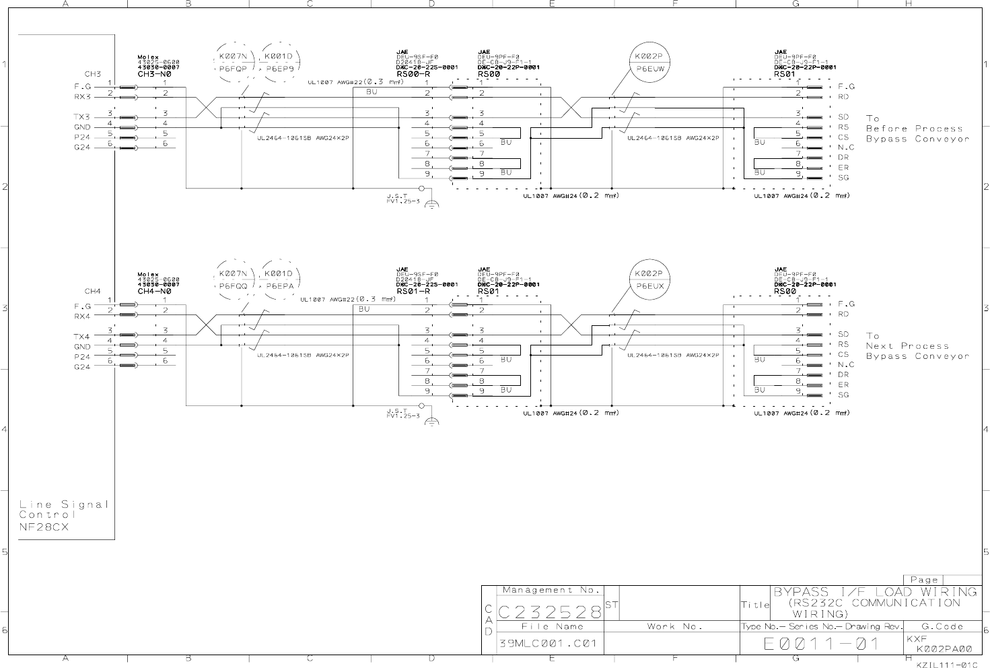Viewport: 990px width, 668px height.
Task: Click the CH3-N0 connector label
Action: (x=154, y=74)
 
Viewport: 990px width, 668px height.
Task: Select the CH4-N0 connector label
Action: (x=154, y=292)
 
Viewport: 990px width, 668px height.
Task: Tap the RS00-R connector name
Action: (x=413, y=74)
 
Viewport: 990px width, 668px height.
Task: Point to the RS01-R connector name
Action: (x=413, y=292)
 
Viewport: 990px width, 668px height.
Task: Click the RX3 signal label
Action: (x=82, y=97)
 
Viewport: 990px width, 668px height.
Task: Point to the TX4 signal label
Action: (x=82, y=336)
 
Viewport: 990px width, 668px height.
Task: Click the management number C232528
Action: (x=549, y=611)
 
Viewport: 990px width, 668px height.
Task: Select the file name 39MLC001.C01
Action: (x=548, y=643)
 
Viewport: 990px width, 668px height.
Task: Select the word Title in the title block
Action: (x=755, y=605)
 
